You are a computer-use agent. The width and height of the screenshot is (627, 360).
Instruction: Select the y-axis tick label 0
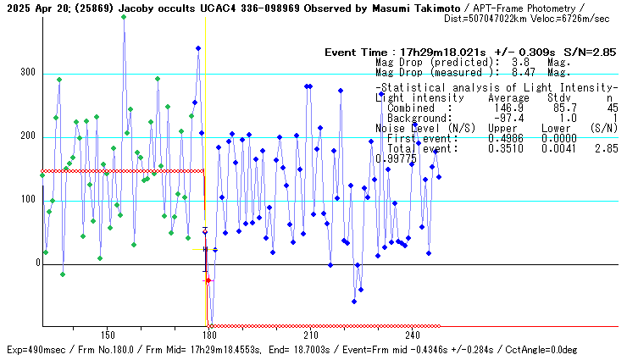36,263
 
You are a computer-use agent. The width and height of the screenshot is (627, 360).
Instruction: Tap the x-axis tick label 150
107,335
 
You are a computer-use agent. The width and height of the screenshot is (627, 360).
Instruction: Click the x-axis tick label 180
208,335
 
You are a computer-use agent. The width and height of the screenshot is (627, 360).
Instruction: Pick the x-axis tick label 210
310,335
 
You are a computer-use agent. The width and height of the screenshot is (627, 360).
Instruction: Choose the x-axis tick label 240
412,335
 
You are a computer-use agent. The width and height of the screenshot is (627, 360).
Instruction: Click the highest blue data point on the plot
124,16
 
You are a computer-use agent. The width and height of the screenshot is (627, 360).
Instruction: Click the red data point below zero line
208,280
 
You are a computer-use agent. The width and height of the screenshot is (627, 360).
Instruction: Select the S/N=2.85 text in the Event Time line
593,53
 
